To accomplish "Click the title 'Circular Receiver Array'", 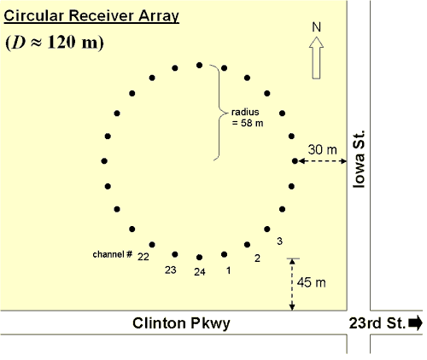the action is (x=91, y=16).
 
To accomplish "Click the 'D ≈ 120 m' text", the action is (x=55, y=43).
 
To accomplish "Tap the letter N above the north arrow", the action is (x=316, y=27).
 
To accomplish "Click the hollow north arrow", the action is (x=316, y=58).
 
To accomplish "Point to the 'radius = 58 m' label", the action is (x=246, y=118).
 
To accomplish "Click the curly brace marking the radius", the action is (x=219, y=113).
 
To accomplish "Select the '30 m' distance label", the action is (x=322, y=149).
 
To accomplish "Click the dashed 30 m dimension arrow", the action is (x=323, y=161).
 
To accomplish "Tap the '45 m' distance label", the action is (x=312, y=282).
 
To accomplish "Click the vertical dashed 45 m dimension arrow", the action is (x=292, y=284).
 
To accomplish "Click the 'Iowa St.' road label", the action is (x=359, y=160).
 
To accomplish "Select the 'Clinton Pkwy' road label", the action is (x=181, y=323).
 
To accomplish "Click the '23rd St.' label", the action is (x=377, y=323).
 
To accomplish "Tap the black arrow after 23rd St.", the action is (x=415, y=323).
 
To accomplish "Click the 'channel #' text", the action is (x=113, y=254).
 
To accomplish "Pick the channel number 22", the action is (x=143, y=257).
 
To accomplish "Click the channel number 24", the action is (x=200, y=272).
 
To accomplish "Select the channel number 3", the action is (x=280, y=241).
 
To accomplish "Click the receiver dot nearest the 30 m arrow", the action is (x=295, y=161).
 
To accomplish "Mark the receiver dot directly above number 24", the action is (x=200, y=258).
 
